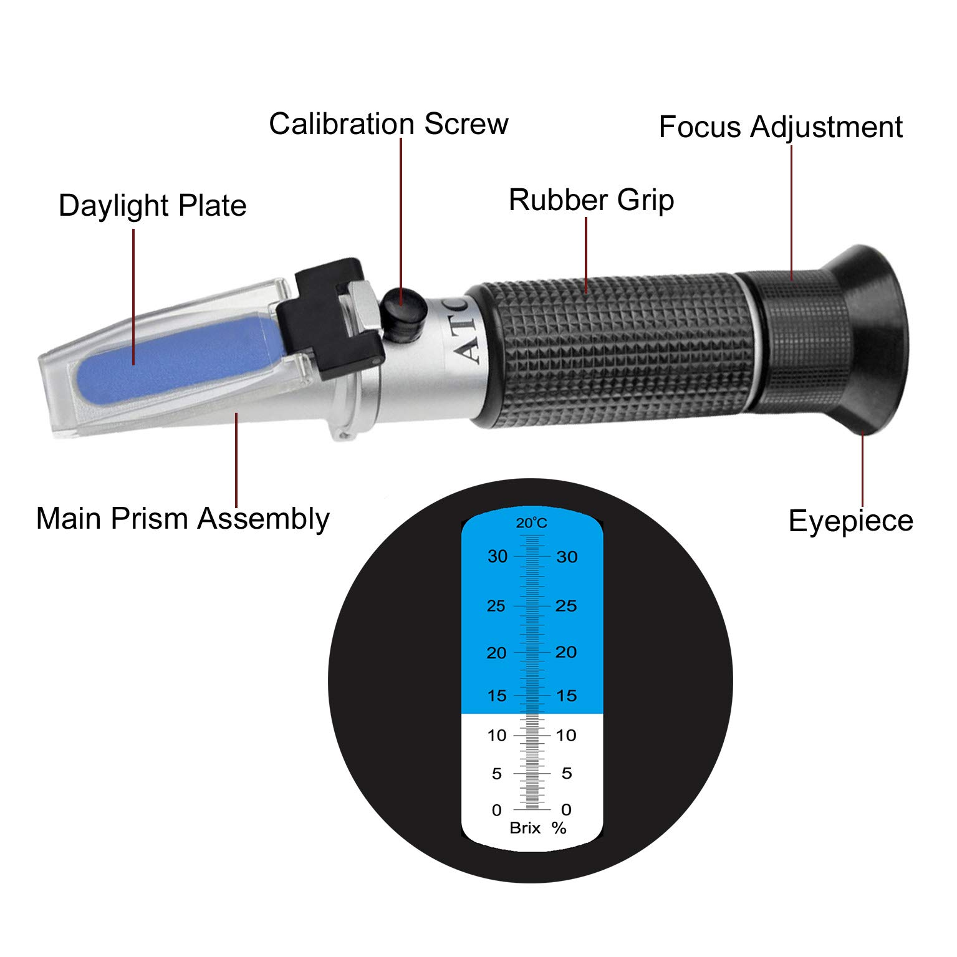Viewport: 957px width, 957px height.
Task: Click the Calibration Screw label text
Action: click(x=388, y=123)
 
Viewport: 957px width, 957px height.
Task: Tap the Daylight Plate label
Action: click(x=152, y=206)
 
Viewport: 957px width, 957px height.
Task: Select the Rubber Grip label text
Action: click(x=591, y=200)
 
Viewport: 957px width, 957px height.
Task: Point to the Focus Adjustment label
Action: click(x=781, y=127)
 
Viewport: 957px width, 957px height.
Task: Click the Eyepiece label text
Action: click(x=850, y=521)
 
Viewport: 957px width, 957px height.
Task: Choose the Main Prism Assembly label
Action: click(x=183, y=519)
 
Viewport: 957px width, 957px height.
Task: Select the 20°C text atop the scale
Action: click(x=531, y=523)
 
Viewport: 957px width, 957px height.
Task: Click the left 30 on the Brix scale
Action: click(x=498, y=556)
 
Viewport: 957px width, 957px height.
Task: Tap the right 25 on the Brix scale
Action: click(x=566, y=605)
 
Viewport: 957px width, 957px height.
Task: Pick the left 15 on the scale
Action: click(x=497, y=696)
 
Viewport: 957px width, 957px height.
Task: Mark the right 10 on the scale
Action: click(x=566, y=736)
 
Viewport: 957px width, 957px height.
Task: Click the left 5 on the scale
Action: click(x=497, y=774)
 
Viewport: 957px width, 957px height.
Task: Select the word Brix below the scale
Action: click(x=525, y=828)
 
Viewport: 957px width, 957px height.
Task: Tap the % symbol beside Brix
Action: click(x=559, y=828)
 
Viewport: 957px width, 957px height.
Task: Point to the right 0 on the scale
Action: click(x=566, y=810)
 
